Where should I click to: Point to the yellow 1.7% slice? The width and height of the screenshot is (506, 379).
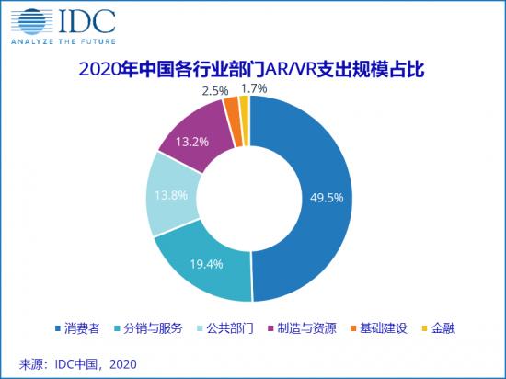244,107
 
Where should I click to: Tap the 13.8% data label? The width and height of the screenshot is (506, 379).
168,195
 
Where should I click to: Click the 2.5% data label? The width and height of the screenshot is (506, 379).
215,91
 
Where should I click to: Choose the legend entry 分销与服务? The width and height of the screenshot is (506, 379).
151,327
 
